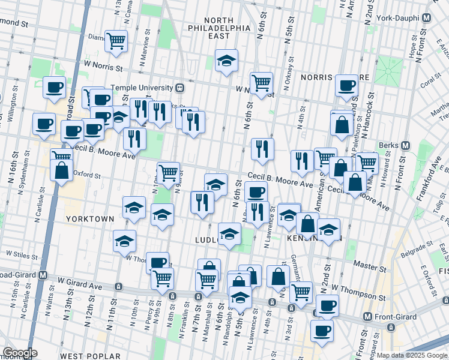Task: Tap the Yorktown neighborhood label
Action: [90, 219]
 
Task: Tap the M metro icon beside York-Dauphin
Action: [426, 18]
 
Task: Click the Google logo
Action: [20, 353]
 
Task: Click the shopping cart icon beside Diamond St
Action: [116, 41]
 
